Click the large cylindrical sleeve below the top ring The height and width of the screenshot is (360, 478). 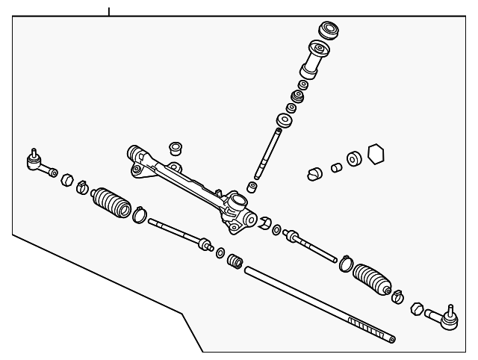pyautogui.click(x=314, y=61)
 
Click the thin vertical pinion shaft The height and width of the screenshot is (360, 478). pyautogui.click(x=268, y=154)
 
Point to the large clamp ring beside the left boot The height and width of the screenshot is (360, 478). pyautogui.click(x=140, y=216)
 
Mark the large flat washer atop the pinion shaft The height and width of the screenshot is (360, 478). pyautogui.click(x=285, y=121)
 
